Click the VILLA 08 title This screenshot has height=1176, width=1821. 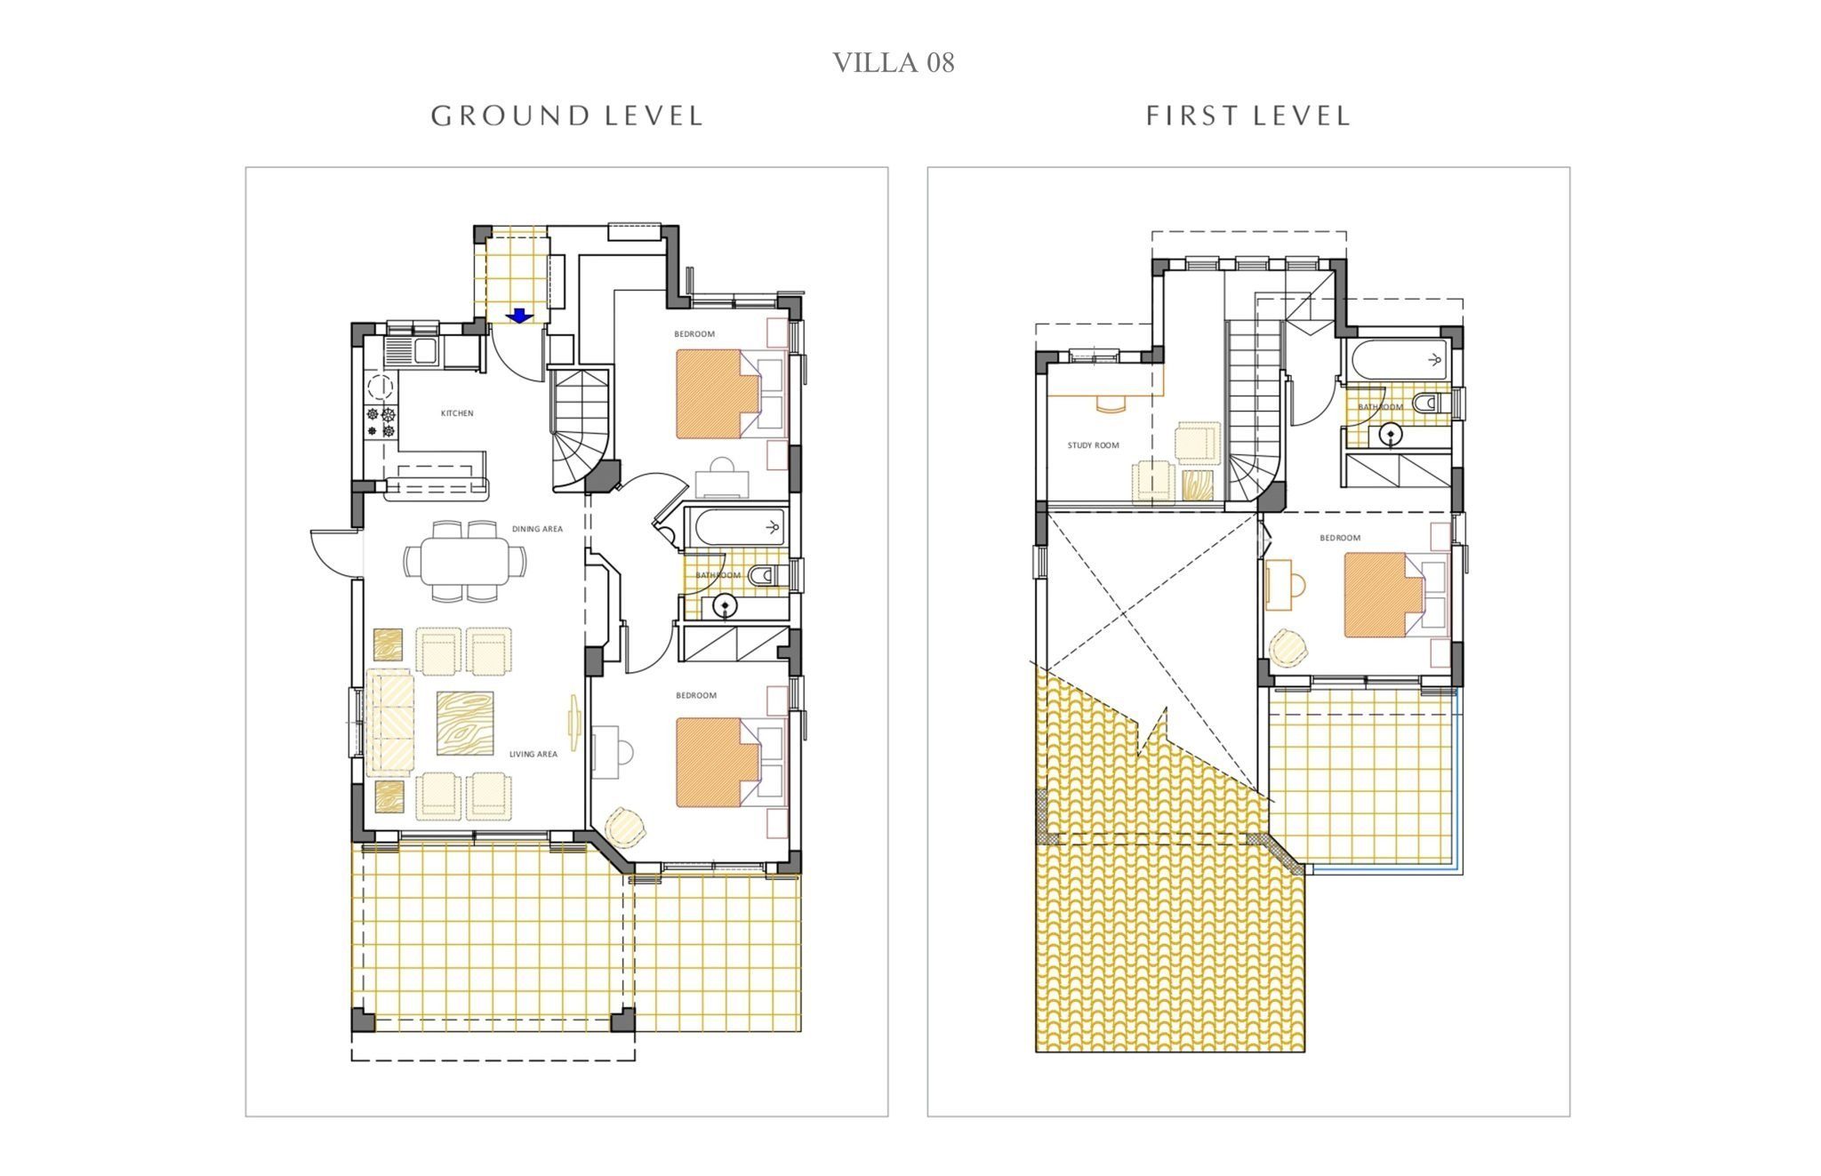click(x=893, y=62)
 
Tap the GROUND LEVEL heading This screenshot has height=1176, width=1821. click(x=567, y=116)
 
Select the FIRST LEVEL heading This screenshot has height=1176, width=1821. click(x=1248, y=116)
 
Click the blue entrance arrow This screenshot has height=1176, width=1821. click(x=518, y=315)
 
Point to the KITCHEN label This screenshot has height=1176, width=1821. click(x=457, y=413)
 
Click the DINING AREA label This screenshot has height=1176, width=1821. click(x=537, y=529)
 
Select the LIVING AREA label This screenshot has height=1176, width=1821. click(x=533, y=754)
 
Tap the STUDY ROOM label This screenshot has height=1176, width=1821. click(x=1094, y=445)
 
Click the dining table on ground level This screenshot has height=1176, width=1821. click(x=464, y=561)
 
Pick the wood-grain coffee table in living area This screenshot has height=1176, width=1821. click(x=465, y=724)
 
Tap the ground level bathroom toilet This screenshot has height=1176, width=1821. click(x=763, y=576)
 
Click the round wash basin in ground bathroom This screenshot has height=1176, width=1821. click(x=726, y=607)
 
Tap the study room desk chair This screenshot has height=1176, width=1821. click(x=1110, y=404)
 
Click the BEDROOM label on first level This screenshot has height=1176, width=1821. click(x=1340, y=538)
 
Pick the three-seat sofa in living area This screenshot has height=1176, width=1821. click(x=390, y=723)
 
